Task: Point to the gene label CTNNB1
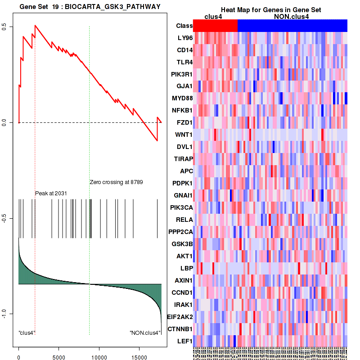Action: click(x=180, y=329)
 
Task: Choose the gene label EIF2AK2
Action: click(x=180, y=317)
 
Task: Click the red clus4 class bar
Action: click(x=215, y=26)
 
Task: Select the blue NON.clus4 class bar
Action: click(x=292, y=26)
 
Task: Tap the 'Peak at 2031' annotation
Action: click(x=51, y=193)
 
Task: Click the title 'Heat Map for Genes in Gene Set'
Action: click(x=270, y=10)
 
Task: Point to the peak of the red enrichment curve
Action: click(x=35, y=25)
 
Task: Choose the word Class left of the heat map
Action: click(x=184, y=26)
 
